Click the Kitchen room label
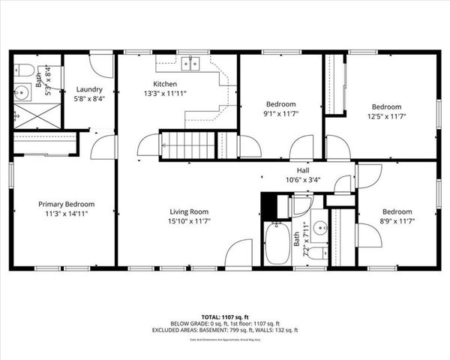coord(165,83)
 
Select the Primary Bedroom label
coord(67,203)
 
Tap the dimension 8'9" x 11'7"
coord(397,221)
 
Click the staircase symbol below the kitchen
coord(187,143)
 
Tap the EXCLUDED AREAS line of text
coord(225,329)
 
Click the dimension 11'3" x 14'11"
coord(67,213)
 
